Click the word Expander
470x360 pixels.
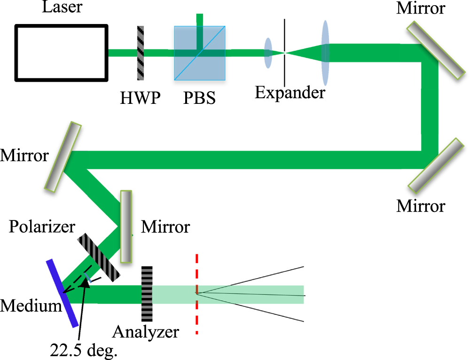coord(290,92)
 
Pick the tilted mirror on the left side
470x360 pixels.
coord(63,156)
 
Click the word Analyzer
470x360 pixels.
coord(145,332)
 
